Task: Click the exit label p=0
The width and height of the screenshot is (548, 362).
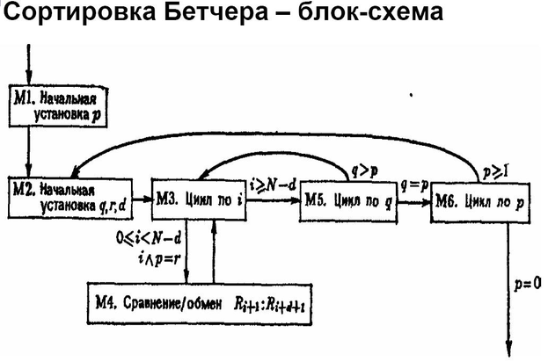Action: [x=528, y=283]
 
